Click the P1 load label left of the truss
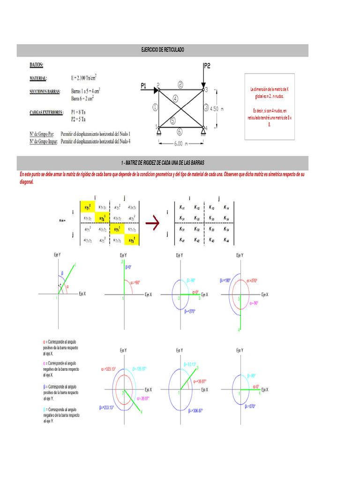pyautogui.click(x=144, y=85)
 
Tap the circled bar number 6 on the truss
pyautogui.click(x=180, y=132)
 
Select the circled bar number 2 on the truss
pyautogui.click(x=180, y=84)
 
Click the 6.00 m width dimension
pyautogui.click(x=181, y=144)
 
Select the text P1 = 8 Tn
pyautogui.click(x=78, y=112)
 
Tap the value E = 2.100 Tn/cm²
pyautogui.click(x=84, y=78)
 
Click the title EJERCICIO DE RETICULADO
pyautogui.click(x=163, y=50)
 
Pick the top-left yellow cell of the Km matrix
pyautogui.click(x=87, y=207)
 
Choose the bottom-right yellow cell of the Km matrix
pyautogui.click(x=132, y=240)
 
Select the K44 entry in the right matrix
pyautogui.click(x=226, y=240)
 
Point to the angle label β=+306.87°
pyautogui.click(x=196, y=411)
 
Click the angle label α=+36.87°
pyautogui.click(x=199, y=381)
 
